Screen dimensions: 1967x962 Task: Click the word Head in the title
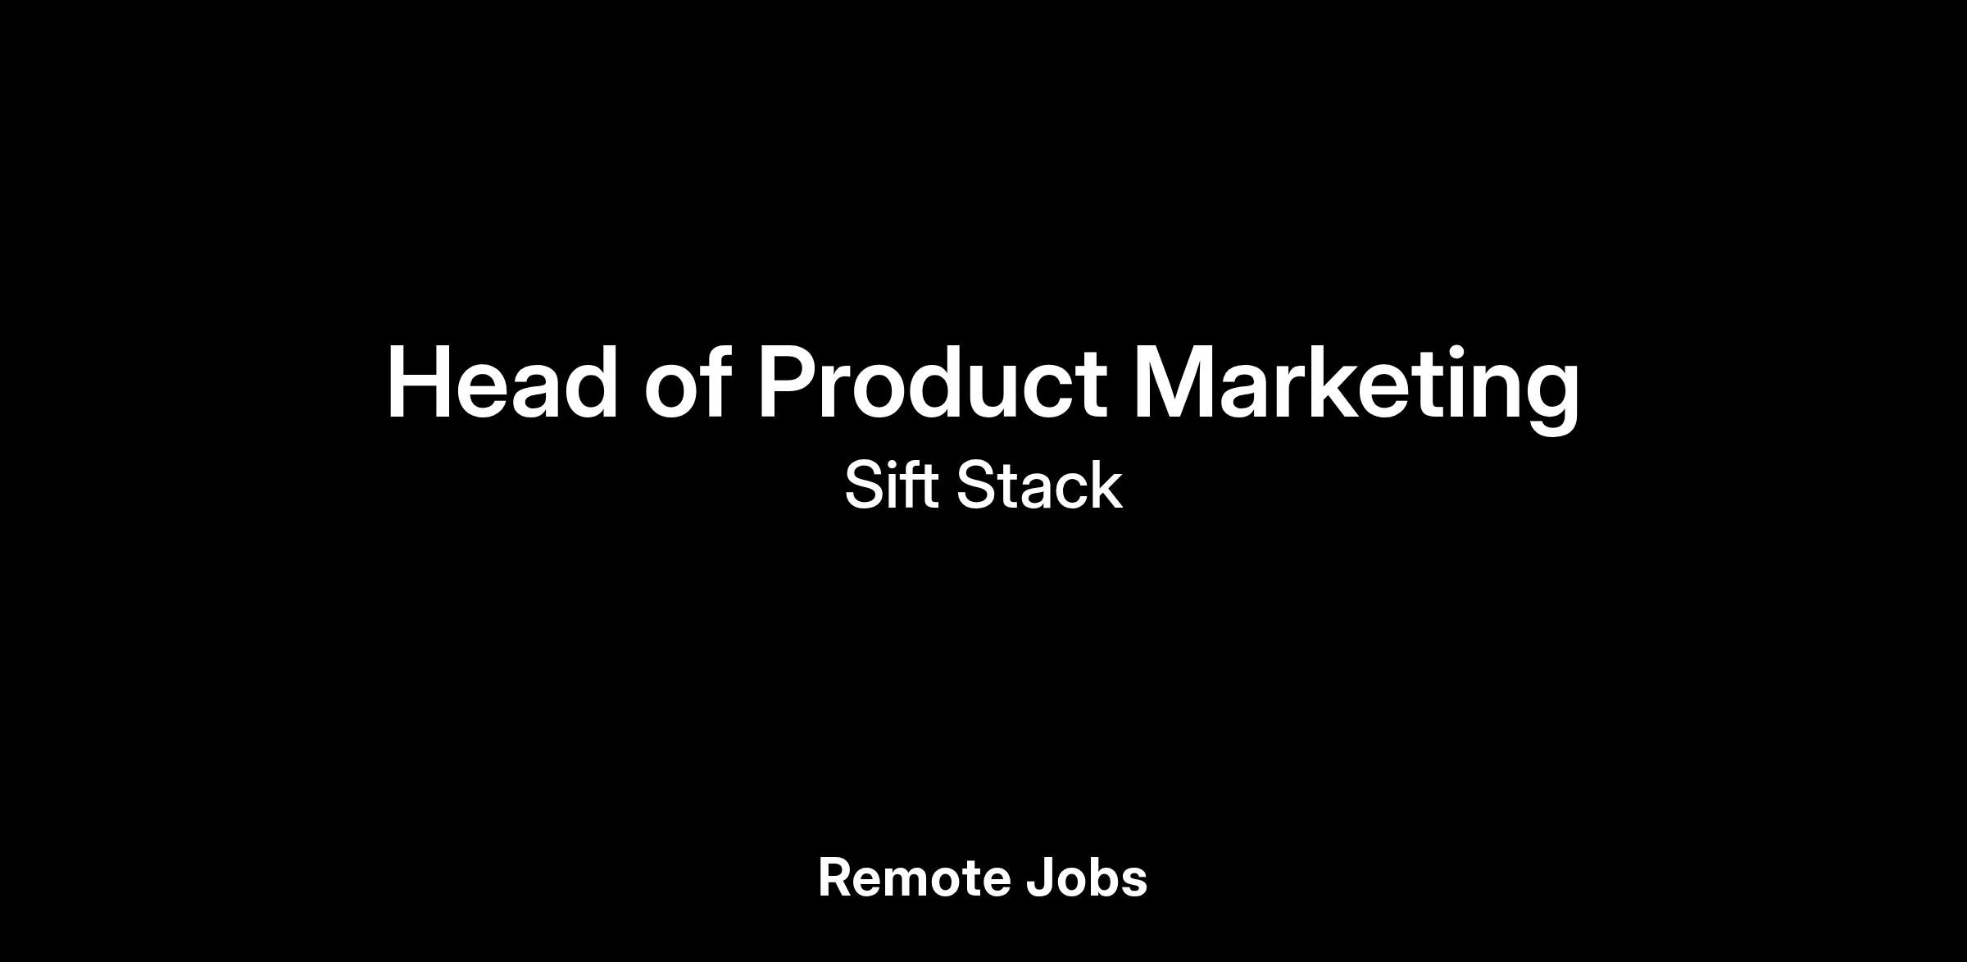[x=502, y=383]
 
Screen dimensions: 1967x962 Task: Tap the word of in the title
[x=687, y=381]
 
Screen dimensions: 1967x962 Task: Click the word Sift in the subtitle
[x=892, y=485]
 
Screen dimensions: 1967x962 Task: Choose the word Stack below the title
[x=1039, y=485]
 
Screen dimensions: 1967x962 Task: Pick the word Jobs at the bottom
[x=1087, y=878]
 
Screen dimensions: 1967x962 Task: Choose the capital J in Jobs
[x=1040, y=878]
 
